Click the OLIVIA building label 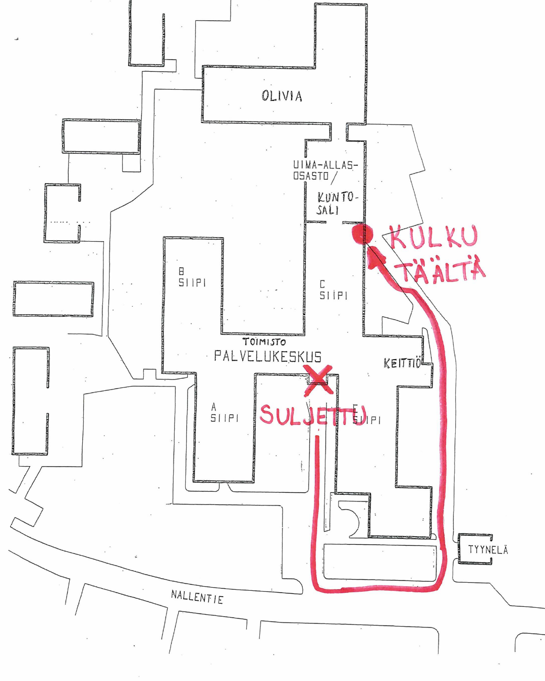click(x=282, y=96)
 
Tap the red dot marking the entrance click(x=363, y=234)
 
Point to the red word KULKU click(x=433, y=237)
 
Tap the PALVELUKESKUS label click(x=267, y=357)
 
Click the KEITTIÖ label click(x=403, y=363)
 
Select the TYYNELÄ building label click(x=487, y=550)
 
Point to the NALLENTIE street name click(x=197, y=597)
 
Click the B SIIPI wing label click(x=192, y=277)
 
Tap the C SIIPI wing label click(x=333, y=290)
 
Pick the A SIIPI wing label click(x=224, y=413)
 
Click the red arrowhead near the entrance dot click(x=376, y=256)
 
